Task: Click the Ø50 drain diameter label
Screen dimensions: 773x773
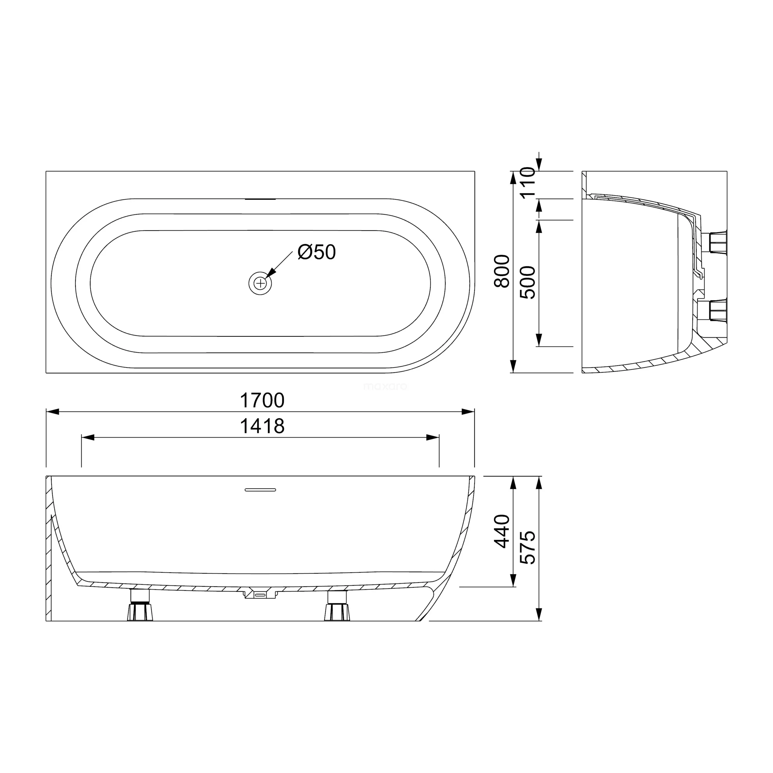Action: tap(316, 252)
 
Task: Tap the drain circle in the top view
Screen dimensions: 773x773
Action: tap(260, 283)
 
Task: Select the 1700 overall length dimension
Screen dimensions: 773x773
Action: tap(262, 400)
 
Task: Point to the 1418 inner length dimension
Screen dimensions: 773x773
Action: tap(262, 426)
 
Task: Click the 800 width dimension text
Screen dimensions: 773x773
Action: tap(502, 271)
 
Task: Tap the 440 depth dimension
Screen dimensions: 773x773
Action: tap(502, 531)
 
